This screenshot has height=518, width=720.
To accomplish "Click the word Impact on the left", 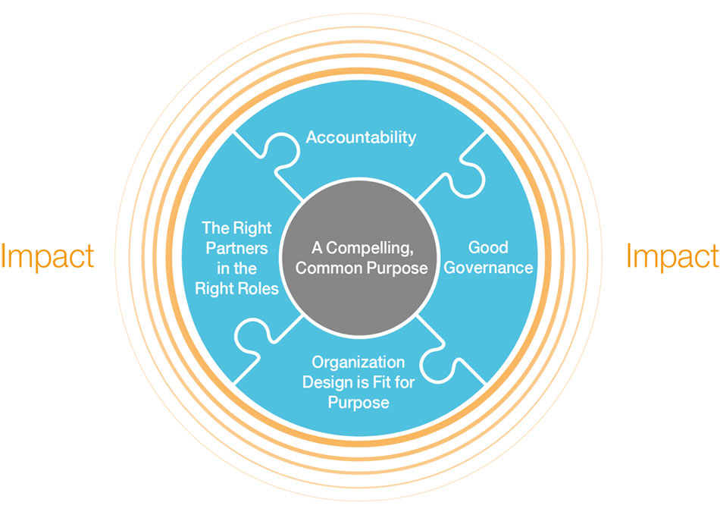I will pyautogui.click(x=47, y=257).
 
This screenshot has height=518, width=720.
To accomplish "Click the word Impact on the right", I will pyautogui.click(x=672, y=257).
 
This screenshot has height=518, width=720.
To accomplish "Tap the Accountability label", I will pyautogui.click(x=361, y=137).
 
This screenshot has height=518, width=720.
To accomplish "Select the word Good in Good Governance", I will pyautogui.click(x=488, y=247).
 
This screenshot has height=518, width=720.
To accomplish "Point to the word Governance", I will pyautogui.click(x=488, y=268).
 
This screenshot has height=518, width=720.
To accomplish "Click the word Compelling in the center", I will pyautogui.click(x=371, y=247).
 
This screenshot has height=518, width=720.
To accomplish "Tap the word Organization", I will pyautogui.click(x=358, y=362).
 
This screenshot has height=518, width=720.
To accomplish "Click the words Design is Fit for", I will pyautogui.click(x=358, y=382).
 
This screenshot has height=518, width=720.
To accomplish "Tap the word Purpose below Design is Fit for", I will pyautogui.click(x=358, y=403).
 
